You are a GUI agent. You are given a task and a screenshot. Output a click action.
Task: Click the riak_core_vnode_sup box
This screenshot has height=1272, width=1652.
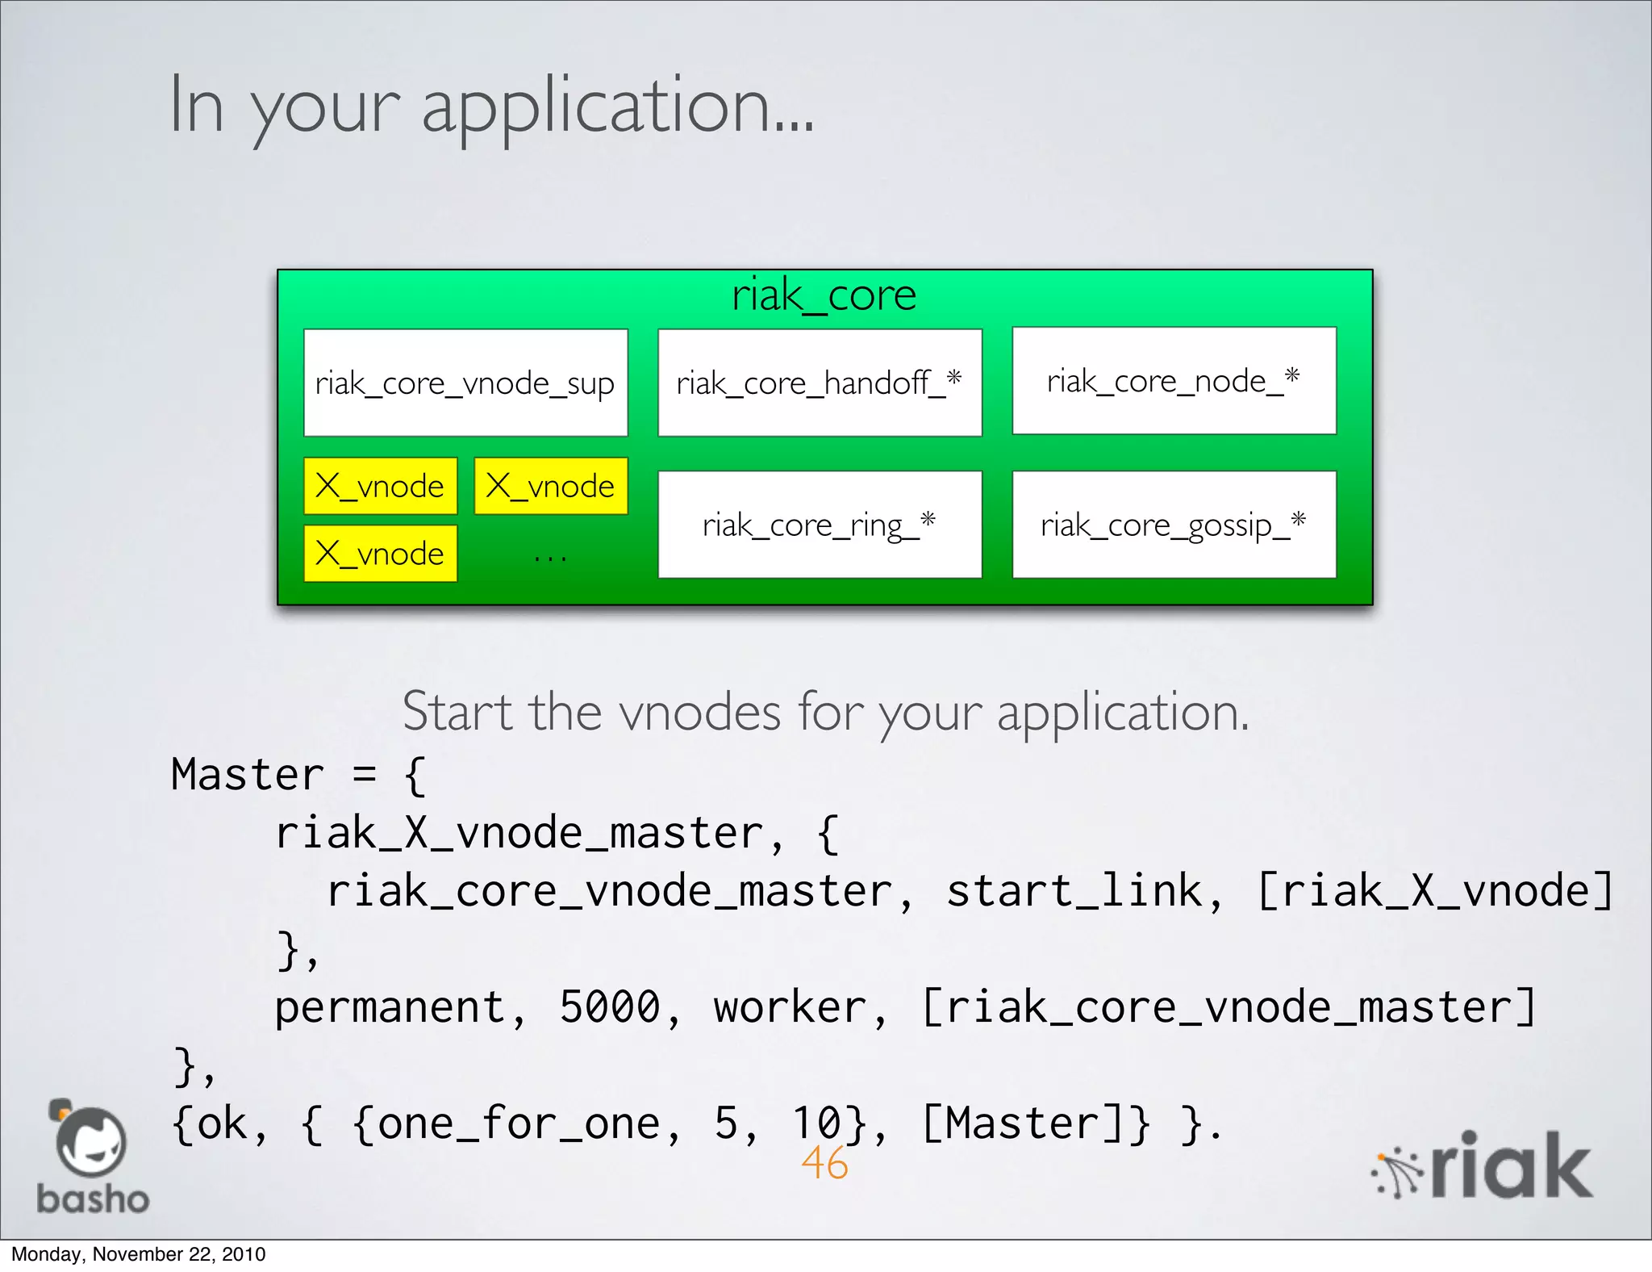coord(465,383)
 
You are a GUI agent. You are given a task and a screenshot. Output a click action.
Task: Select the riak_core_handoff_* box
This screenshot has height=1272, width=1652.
coord(820,383)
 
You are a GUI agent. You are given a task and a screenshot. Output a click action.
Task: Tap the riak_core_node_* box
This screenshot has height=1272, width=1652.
coord(1174,381)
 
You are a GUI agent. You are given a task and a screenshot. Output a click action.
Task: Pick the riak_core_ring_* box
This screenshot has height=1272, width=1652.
coord(820,525)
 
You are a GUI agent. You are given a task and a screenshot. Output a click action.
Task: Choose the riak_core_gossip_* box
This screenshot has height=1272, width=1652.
coord(1174,525)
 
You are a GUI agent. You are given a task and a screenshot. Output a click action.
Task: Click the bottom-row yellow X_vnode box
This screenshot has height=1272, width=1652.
coord(380,554)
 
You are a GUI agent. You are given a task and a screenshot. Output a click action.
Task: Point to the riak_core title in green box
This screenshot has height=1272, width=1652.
coord(824,295)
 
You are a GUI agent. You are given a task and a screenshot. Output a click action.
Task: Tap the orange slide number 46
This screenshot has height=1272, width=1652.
coord(824,1163)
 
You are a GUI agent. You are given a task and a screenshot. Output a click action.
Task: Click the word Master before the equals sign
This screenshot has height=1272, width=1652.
coord(247,775)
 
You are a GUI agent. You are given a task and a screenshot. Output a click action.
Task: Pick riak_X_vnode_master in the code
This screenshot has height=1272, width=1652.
coord(518,833)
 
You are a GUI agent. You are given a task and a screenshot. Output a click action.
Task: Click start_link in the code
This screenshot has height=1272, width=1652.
coord(1074,891)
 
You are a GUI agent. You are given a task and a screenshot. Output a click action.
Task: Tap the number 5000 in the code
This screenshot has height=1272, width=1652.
coord(610,1007)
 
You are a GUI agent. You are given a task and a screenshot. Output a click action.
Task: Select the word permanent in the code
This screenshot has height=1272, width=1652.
coord(390,1007)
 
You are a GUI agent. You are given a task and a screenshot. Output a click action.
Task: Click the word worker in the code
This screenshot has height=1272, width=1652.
coord(790,1007)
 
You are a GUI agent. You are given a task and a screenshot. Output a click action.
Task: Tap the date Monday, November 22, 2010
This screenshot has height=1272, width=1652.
coord(138,1254)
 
